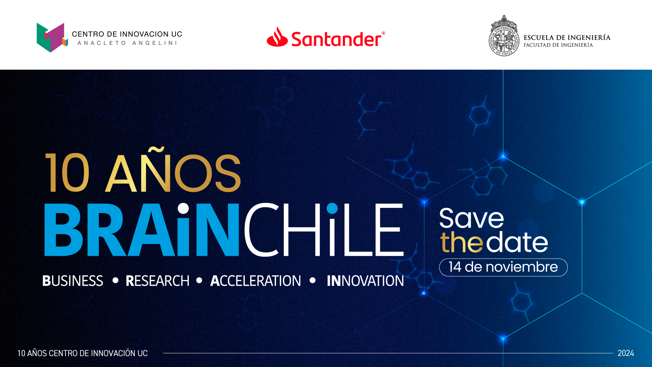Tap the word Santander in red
[337, 39]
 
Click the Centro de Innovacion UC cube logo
[52, 37]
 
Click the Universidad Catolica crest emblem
[504, 36]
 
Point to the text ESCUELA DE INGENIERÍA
[567, 37]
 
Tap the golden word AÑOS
[173, 170]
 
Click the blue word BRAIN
[142, 229]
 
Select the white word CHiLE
[324, 229]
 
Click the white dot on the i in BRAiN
[183, 208]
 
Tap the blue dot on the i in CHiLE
[332, 208]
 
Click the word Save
[472, 218]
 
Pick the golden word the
[462, 242]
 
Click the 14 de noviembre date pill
[503, 267]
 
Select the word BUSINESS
[73, 281]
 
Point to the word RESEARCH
[157, 281]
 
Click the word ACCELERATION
[256, 281]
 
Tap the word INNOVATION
[365, 281]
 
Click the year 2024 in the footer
[626, 353]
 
